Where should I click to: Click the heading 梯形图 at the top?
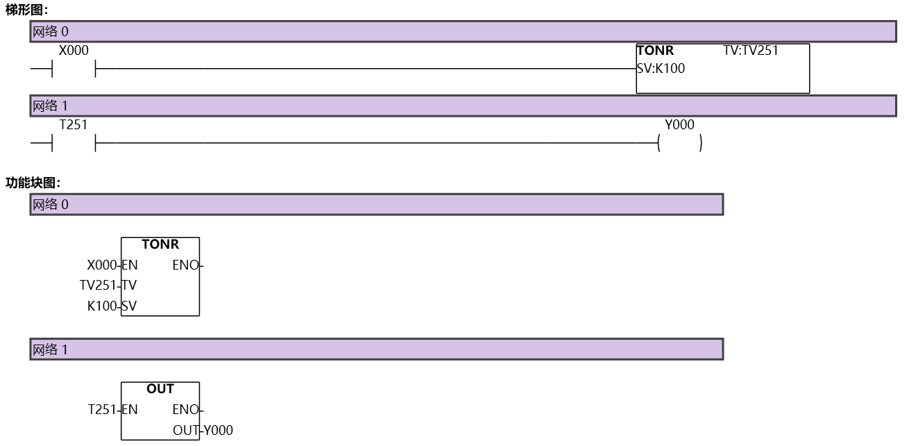pyautogui.click(x=26, y=10)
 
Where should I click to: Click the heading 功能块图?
pyautogui.click(x=33, y=183)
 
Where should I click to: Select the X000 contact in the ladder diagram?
pyautogui.click(x=74, y=68)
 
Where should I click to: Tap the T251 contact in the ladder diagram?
pyautogui.click(x=74, y=143)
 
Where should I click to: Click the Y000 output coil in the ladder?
pyautogui.click(x=679, y=143)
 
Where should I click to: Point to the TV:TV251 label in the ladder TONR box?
pyautogui.click(x=750, y=51)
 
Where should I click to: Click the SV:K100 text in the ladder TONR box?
pyautogui.click(x=661, y=68)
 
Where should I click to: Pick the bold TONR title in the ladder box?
pyautogui.click(x=655, y=51)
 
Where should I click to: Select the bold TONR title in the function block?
pyautogui.click(x=160, y=245)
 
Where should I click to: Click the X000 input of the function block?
pyautogui.click(x=102, y=265)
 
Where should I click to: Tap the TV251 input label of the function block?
pyautogui.click(x=99, y=285)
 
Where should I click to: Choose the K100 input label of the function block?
pyautogui.click(x=103, y=305)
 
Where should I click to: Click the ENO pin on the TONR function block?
pyautogui.click(x=185, y=265)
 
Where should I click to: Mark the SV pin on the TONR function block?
pyautogui.click(x=130, y=305)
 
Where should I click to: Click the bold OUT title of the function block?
pyautogui.click(x=160, y=389)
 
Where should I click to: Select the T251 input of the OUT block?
pyautogui.click(x=103, y=409)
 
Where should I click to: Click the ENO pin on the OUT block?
pyautogui.click(x=185, y=409)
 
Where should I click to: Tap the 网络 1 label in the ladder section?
pyautogui.click(x=51, y=106)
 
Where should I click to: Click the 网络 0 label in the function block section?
pyautogui.click(x=51, y=204)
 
